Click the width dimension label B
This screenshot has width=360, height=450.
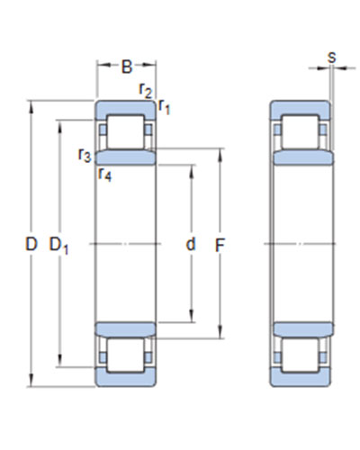[127, 67]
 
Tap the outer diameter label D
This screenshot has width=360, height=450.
[31, 244]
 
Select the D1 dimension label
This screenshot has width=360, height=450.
[58, 246]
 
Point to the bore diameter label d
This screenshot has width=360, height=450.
[191, 244]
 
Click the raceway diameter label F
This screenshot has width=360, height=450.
[220, 246]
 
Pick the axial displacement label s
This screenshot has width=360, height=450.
[331, 57]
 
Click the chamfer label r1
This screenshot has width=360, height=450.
[164, 106]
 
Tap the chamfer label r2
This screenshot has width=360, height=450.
[146, 90]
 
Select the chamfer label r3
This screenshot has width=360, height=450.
[85, 155]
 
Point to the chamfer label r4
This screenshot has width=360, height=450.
[105, 174]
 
